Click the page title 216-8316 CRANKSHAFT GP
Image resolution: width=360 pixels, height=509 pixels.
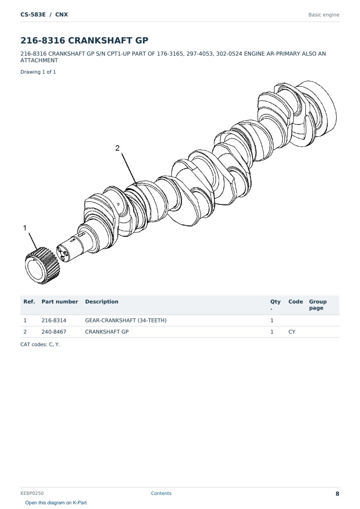(84, 40)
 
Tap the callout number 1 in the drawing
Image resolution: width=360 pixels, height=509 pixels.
(25, 228)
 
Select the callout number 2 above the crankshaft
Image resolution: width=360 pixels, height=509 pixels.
(117, 148)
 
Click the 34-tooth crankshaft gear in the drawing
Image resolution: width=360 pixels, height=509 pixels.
(42, 265)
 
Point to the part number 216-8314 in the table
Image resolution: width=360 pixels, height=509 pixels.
(54, 320)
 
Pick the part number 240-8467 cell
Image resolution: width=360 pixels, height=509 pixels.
(54, 332)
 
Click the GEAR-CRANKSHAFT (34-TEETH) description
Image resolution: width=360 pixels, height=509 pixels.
(126, 320)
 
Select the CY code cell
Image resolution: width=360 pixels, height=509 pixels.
(292, 332)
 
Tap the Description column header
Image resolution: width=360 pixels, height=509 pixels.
(102, 301)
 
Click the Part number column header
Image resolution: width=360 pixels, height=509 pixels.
(60, 301)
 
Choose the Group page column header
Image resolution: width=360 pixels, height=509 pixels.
(318, 305)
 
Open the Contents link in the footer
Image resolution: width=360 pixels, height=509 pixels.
(161, 493)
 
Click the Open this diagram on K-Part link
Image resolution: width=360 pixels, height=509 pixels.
(56, 503)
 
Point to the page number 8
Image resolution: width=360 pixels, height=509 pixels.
(337, 494)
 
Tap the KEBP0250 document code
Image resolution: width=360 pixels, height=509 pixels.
(32, 493)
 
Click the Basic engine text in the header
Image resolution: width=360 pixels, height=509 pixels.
(324, 15)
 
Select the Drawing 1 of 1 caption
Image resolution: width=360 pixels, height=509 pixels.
(38, 72)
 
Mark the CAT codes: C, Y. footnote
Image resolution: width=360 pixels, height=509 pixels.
(40, 345)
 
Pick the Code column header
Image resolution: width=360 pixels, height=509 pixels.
(295, 301)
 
